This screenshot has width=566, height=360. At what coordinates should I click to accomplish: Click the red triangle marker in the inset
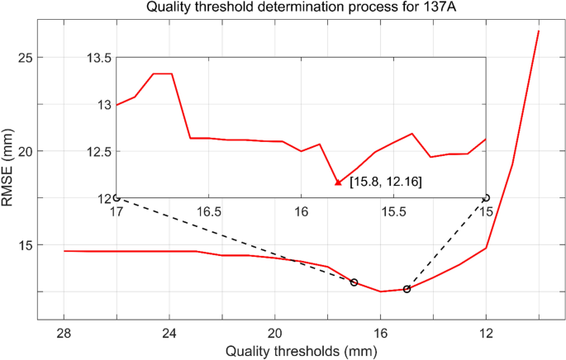(338, 182)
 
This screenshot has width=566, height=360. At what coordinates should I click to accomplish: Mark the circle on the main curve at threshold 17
(354, 282)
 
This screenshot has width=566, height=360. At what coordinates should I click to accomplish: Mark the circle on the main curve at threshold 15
(407, 289)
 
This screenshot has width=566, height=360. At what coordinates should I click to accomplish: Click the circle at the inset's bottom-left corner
(117, 198)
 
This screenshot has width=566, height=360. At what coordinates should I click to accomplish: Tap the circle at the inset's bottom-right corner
(486, 198)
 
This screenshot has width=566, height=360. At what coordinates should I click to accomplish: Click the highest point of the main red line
(539, 31)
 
